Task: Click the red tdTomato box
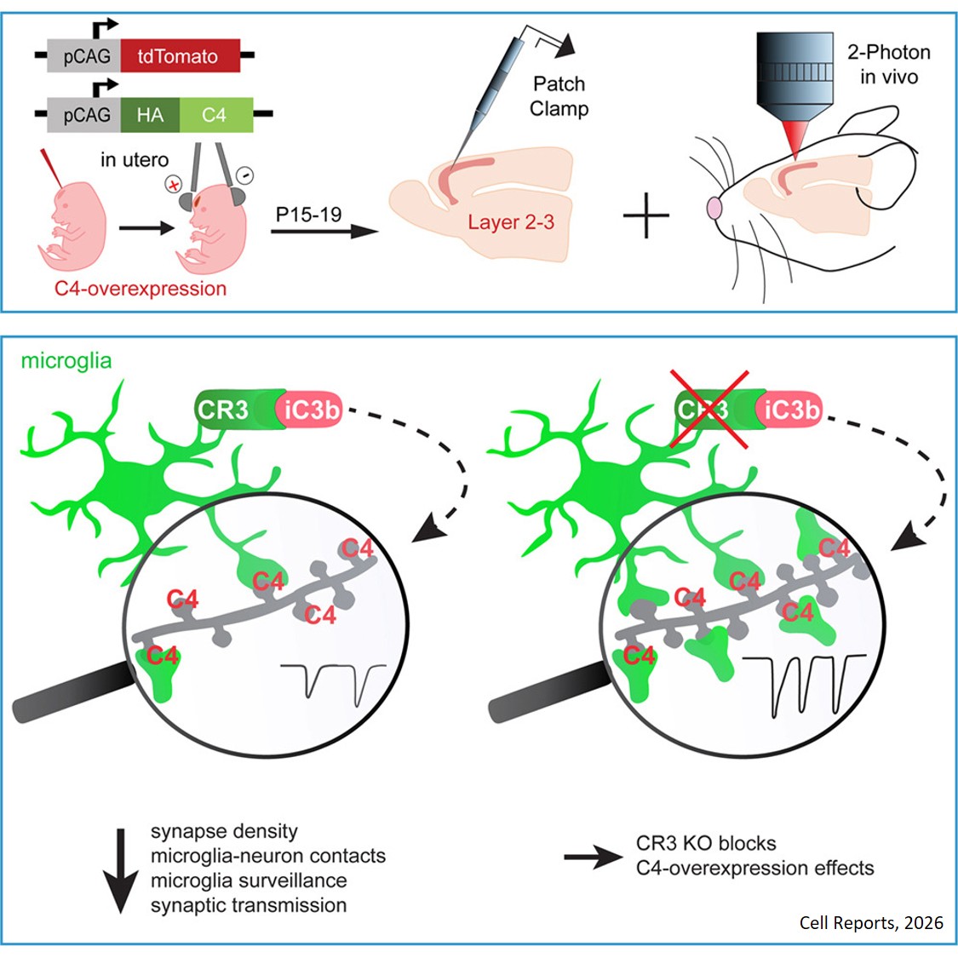[x=180, y=57]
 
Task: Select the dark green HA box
[x=150, y=115]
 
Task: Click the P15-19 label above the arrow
[x=308, y=215]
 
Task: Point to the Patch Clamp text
[x=559, y=96]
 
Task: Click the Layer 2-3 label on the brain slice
[x=510, y=223]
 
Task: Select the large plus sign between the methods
[x=647, y=214]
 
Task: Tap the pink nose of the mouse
[x=714, y=208]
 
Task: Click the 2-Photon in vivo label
[x=888, y=64]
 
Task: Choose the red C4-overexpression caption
[x=141, y=288]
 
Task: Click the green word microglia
[x=66, y=360]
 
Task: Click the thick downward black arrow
[x=120, y=869]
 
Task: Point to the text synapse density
[x=224, y=831]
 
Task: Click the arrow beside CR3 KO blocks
[x=594, y=858]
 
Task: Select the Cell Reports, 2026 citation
[x=870, y=923]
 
